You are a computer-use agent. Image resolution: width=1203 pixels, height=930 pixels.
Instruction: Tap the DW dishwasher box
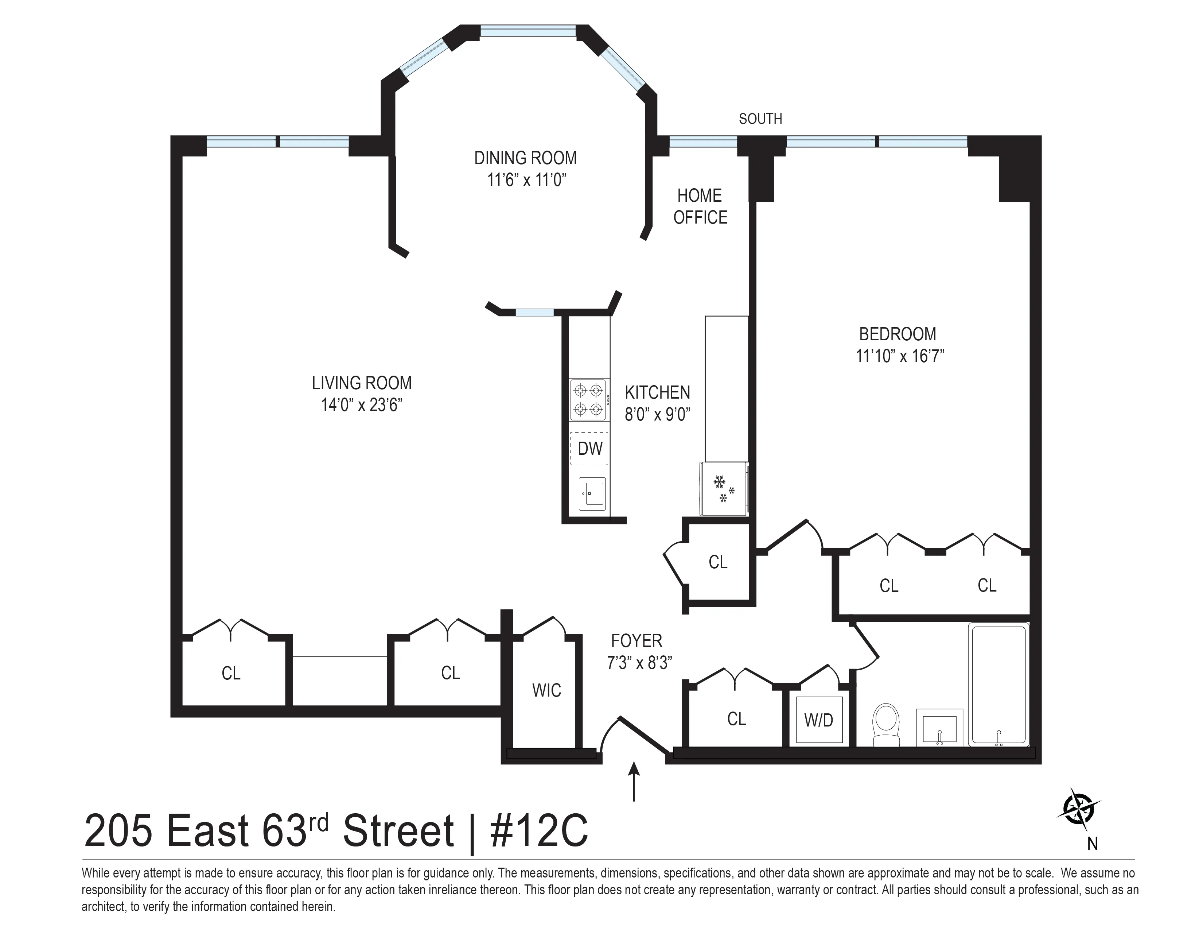[x=589, y=449]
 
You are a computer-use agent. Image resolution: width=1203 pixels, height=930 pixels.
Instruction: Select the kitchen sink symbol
[x=592, y=494]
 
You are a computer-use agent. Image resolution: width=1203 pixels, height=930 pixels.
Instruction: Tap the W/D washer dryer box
[x=818, y=720]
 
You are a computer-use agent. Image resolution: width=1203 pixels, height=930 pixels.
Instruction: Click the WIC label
[x=546, y=690]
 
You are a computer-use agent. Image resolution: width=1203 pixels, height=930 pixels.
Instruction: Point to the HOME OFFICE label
[x=700, y=206]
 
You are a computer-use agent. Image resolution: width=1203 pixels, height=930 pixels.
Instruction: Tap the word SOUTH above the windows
[x=760, y=119]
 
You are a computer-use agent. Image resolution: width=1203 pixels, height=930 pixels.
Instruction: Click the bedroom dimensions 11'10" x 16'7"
[x=899, y=356]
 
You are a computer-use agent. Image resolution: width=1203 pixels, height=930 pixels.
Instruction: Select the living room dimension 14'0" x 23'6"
[x=362, y=405]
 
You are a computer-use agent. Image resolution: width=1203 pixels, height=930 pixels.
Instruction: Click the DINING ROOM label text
[x=525, y=158]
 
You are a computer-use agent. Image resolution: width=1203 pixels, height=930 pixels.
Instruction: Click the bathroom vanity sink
[x=939, y=727]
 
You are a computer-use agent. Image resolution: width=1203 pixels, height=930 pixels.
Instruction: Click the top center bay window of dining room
[x=528, y=31]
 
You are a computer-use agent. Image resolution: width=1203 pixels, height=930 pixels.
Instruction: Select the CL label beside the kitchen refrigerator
[x=718, y=562]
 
